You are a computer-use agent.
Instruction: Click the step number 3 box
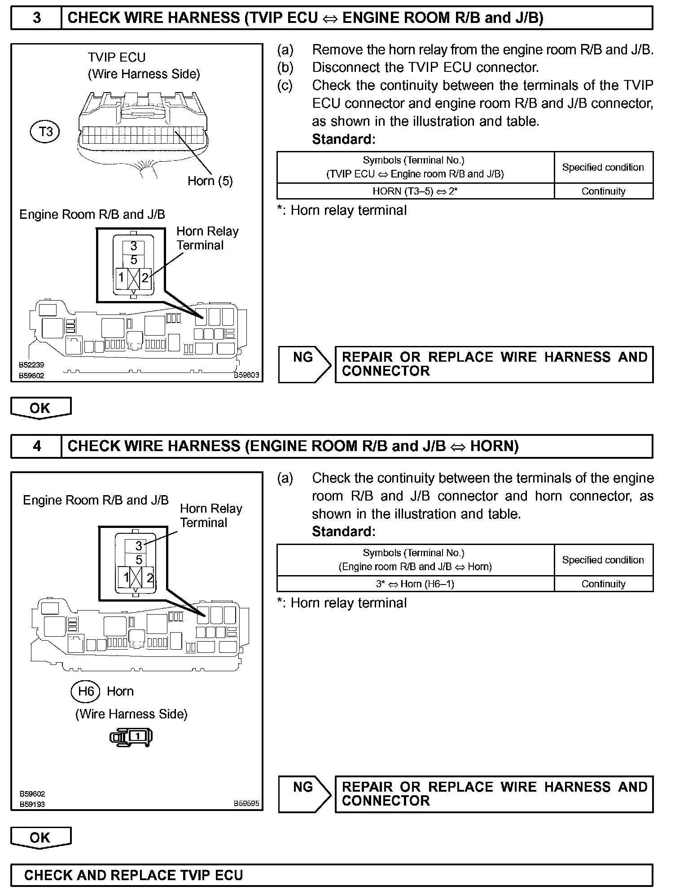tap(36, 18)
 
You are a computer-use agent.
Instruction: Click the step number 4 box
tap(36, 446)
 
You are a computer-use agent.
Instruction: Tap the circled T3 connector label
tap(45, 132)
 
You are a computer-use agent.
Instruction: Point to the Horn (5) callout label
tap(210, 181)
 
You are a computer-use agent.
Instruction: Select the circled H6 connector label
tap(85, 691)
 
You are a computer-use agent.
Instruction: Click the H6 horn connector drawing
tap(132, 737)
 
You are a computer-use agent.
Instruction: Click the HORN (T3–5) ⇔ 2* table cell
tap(415, 191)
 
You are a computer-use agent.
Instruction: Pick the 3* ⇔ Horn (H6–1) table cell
tap(415, 584)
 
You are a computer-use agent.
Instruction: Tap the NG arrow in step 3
tap(304, 364)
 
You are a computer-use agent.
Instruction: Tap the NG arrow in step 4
tap(304, 794)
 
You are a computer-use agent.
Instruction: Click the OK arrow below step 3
tap(40, 408)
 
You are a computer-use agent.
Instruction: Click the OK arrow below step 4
tap(40, 837)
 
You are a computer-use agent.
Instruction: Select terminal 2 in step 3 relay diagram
tap(145, 278)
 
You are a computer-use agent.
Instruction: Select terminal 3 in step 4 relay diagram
tap(139, 546)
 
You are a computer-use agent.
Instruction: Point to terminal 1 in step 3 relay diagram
tap(121, 278)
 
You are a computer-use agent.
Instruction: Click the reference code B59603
tap(246, 376)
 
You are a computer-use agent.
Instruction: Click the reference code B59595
tap(246, 804)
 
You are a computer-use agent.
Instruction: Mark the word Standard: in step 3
tap(343, 139)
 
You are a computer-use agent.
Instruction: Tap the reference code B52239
tap(31, 365)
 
